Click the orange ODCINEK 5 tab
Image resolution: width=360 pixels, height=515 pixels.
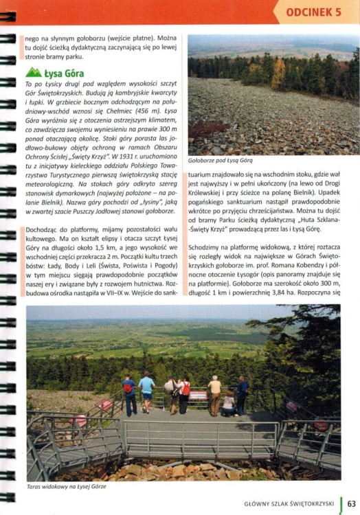click(313, 12)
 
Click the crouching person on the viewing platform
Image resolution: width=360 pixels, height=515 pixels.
click(227, 404)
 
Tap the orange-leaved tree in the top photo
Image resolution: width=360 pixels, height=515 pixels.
click(278, 72)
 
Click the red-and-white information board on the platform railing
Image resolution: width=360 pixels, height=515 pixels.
click(198, 395)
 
